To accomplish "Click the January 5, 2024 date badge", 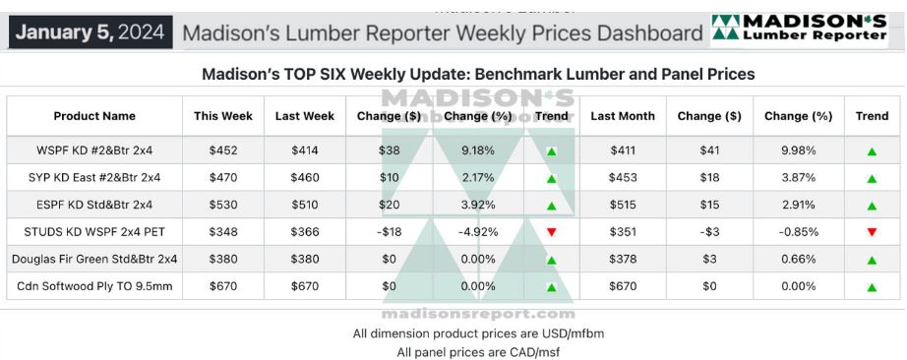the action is pos(91,31).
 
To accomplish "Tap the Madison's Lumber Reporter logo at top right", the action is pos(799,29).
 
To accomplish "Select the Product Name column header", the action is pos(94,116).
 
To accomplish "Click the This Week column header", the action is pos(223,116).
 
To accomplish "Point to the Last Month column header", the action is pos(623,116).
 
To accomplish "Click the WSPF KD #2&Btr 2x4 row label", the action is pos(94,150).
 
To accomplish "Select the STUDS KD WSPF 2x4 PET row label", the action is pos(94,232).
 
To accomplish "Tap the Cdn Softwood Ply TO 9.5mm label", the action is pos(94,286).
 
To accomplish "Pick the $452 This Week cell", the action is pos(223,150).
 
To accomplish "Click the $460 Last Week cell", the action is pos(305,178).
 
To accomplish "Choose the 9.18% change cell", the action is pos(478,150).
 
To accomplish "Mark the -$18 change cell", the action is pos(389,232).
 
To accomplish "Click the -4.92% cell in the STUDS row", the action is pos(478,232).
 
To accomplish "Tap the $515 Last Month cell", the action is pos(623,205).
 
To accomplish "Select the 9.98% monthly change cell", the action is pos(798,150).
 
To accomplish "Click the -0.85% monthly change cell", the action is pos(798,232).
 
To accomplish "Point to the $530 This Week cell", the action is pos(223,205).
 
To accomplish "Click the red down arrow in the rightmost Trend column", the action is pos(872,233).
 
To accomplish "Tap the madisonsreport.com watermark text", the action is pos(478,315).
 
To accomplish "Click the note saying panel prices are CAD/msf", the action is pos(478,352).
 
